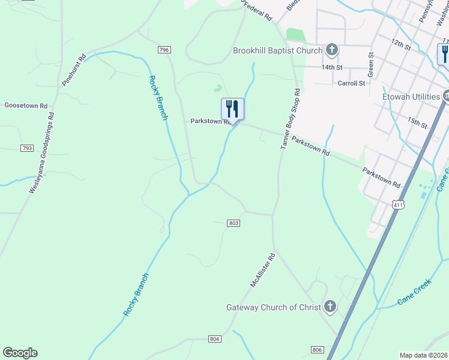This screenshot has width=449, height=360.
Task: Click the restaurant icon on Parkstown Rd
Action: coord(232,109)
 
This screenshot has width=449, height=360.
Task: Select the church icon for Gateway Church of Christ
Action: coord(330,307)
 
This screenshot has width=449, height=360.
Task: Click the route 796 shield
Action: coord(164,50)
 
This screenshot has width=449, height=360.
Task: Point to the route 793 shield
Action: coord(26,148)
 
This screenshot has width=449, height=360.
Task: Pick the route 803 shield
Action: coord(234,223)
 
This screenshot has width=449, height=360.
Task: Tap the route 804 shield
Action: coord(215,339)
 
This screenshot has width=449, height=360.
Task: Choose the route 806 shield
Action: coord(318,349)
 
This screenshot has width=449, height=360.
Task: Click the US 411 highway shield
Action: coord(399,205)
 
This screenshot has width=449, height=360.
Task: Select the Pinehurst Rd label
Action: coord(74,70)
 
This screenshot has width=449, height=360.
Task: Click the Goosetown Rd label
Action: coord(26,106)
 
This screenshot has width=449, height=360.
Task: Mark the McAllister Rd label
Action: coord(262,269)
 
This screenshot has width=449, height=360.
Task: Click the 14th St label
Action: coord(331,68)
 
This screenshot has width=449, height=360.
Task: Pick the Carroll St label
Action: coord(351,83)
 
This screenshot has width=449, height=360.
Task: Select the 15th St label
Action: coord(417,123)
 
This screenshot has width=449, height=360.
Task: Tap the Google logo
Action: coord(20,353)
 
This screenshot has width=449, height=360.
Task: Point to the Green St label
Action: coord(371,64)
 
